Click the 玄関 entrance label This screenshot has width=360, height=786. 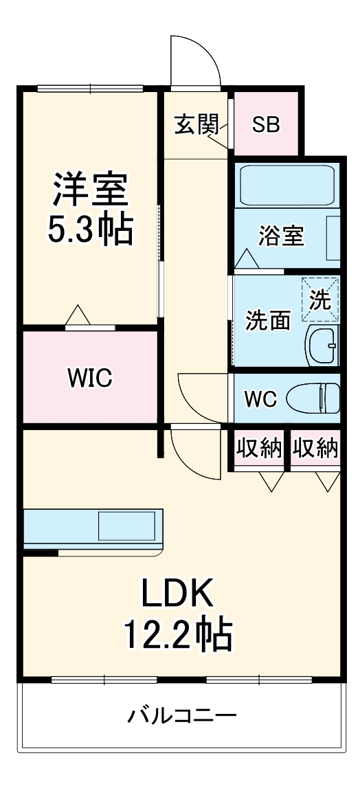pos(196,125)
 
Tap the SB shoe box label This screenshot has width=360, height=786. pos(266,125)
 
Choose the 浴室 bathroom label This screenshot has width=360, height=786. pos(281,236)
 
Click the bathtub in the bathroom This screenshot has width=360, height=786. pos(287,183)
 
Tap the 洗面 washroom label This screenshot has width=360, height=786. pos(268,320)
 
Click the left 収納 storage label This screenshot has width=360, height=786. pos(259,448)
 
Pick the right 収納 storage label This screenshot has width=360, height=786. pos(315,448)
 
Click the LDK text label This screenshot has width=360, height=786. pos(179,595)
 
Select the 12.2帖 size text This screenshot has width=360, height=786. pos(178,636)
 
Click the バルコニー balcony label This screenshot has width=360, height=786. pos(182,717)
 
